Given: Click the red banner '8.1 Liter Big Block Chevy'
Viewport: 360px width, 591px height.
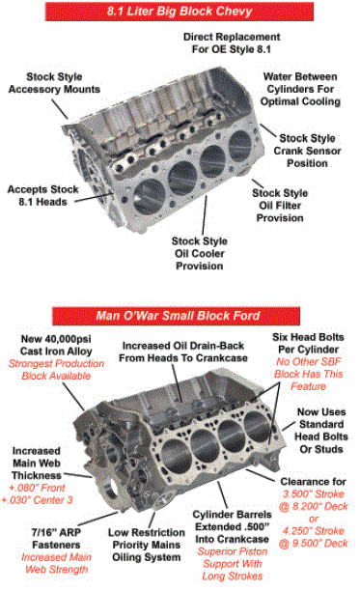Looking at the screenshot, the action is tap(180, 12).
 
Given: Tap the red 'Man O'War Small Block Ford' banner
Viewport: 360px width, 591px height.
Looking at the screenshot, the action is tap(177, 316).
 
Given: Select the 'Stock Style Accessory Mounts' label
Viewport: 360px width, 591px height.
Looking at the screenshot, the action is tap(54, 83).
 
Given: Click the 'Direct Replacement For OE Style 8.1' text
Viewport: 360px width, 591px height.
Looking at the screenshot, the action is tap(232, 42).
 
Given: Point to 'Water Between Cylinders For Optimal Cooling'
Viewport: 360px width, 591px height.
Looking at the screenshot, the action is tap(300, 89).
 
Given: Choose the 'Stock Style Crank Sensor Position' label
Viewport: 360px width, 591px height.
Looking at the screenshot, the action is tap(307, 151).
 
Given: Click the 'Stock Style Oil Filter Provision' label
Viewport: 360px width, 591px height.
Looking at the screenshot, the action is tap(280, 206).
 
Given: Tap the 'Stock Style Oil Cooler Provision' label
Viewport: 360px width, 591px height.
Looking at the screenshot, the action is tap(200, 253).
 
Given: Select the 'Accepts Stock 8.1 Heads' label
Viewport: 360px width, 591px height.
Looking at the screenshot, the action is tap(42, 195).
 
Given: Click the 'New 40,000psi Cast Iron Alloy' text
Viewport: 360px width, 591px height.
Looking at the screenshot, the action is tap(56, 345).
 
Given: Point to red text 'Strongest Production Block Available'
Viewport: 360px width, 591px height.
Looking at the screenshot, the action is tap(56, 369).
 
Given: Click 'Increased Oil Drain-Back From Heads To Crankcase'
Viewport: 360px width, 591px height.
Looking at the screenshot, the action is tap(183, 352).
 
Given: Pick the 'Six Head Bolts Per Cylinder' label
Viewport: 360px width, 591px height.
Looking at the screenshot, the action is tap(308, 343).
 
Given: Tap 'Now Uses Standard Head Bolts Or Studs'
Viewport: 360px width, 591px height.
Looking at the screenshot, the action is tap(320, 431).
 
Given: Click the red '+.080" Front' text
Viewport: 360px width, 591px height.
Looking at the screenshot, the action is tap(37, 488).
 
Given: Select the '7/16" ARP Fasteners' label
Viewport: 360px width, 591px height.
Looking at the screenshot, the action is tap(56, 538).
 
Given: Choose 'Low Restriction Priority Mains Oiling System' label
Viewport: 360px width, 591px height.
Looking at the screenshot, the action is tap(147, 545).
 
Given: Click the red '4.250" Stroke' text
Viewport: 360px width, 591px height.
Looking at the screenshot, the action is tap(314, 531).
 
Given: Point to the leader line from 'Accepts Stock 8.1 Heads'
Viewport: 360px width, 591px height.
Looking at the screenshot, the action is tap(94, 198).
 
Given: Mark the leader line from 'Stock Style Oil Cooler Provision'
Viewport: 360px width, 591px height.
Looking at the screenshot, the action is tap(205, 214).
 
